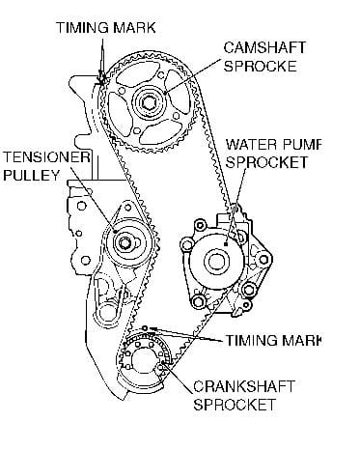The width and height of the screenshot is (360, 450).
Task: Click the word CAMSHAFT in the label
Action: point(264,47)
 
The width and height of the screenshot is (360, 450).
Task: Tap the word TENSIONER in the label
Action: point(46,157)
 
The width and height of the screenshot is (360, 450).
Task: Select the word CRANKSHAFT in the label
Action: point(244,386)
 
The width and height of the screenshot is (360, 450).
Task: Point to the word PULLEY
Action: point(31,176)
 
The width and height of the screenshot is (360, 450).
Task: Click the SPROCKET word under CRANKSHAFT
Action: point(235,405)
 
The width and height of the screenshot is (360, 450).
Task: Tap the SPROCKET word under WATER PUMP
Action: point(266,162)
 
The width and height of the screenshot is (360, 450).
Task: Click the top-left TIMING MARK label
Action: point(106,27)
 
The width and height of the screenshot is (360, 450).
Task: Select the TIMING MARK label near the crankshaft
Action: point(273,341)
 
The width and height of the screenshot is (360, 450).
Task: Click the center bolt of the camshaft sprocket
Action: point(150,104)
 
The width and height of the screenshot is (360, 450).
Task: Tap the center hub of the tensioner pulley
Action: point(125,242)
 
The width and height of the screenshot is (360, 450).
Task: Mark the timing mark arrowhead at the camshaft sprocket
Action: point(102,78)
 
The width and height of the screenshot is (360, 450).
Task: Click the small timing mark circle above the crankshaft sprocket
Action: point(145,328)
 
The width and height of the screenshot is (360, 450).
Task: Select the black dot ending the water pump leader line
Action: point(226,244)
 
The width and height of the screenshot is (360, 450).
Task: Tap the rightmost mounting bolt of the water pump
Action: point(263,259)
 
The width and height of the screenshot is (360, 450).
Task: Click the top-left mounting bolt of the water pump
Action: point(199,225)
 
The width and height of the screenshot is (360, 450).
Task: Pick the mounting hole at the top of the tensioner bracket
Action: point(127,207)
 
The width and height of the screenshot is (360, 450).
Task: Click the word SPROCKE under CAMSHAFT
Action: point(260,66)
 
